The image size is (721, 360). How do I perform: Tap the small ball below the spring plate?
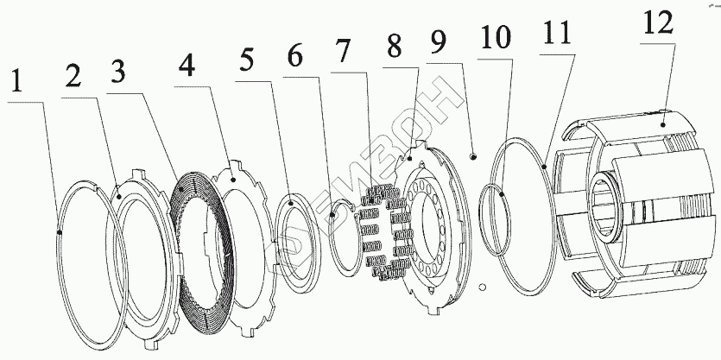(x=484, y=287)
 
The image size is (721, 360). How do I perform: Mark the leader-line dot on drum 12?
(x=663, y=124)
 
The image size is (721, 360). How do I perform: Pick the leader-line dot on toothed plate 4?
(x=232, y=179)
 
